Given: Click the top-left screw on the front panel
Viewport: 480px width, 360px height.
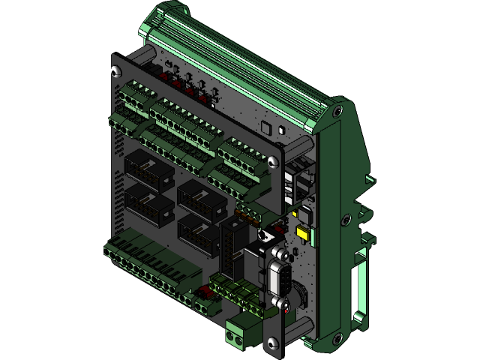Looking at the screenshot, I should [x=114, y=72].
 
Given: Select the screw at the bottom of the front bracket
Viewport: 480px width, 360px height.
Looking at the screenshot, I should [x=272, y=343].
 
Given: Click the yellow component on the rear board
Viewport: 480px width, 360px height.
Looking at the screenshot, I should [x=303, y=235].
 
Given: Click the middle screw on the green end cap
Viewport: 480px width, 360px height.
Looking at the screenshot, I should [x=345, y=220].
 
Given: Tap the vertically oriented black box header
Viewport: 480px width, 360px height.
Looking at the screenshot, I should [x=232, y=251].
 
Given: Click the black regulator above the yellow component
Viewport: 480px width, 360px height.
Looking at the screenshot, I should [x=304, y=214].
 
